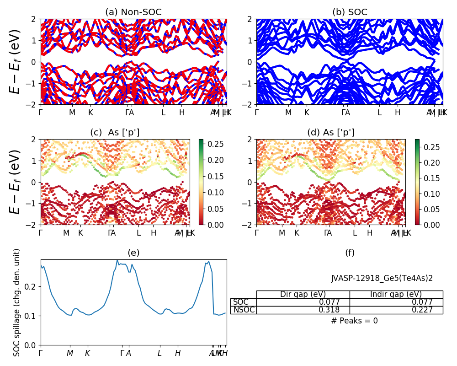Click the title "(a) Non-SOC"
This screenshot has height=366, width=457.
133,12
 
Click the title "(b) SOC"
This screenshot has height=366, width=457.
350,12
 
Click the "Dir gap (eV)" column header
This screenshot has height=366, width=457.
303,294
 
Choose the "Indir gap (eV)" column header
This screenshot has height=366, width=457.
396,294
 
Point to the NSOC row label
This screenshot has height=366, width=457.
244,310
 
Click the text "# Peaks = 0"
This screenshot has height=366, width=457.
354,321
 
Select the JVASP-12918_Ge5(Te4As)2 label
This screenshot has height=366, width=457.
382,278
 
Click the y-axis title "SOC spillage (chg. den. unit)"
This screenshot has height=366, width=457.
17,302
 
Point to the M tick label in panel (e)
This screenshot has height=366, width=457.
70,353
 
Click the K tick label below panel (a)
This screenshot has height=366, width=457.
90,113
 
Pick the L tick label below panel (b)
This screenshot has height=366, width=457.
379,113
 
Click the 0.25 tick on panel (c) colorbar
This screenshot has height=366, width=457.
212,144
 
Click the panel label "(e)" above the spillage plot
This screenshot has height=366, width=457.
133,253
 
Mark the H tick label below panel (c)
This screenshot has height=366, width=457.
154,233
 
